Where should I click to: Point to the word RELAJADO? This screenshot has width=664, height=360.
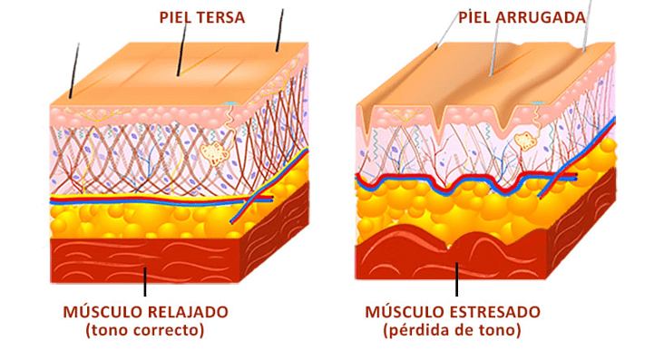pos(188,312)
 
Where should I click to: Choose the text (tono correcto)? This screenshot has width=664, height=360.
pos(145,330)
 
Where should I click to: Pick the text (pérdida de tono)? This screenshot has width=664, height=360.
pos(452,330)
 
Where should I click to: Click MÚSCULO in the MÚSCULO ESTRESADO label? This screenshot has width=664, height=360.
pos(405,311)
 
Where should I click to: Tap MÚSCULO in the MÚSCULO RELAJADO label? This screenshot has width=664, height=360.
pos(103,311)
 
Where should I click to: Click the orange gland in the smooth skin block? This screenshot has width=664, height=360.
pos(215,152)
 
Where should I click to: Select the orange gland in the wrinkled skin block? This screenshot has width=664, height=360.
pos(524,141)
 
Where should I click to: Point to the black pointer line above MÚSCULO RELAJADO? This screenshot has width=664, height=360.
pos(145,282)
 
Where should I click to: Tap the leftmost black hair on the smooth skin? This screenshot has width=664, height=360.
pos(74,71)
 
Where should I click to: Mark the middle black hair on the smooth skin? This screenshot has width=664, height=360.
pos(182,48)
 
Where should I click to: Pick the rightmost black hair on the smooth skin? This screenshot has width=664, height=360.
pos(279,30)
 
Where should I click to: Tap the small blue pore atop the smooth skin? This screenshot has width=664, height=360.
pos(230,102)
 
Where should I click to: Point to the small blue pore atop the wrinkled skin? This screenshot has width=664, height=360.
pos(537,102)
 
